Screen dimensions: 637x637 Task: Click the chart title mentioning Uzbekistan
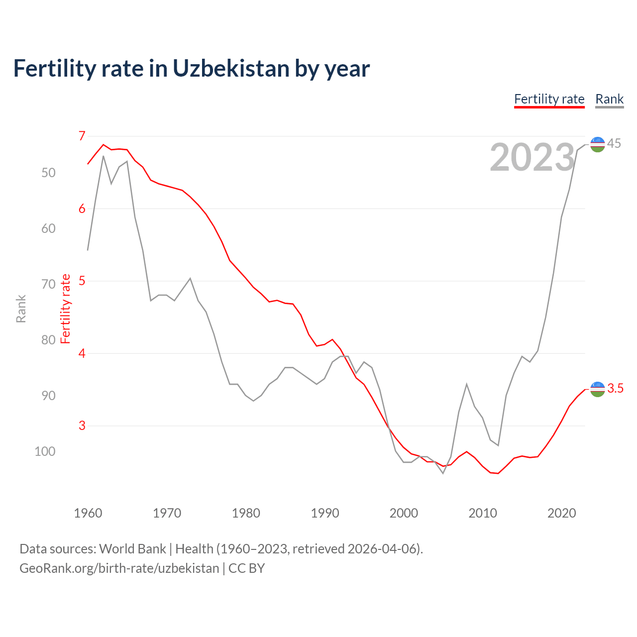[x=191, y=69]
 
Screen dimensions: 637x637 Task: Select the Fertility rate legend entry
[x=549, y=99]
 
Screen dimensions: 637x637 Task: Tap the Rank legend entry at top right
[x=609, y=99]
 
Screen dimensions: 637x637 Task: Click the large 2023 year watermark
[x=532, y=157]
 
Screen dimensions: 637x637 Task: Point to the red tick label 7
[x=82, y=136]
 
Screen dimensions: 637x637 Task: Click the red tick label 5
[x=82, y=281]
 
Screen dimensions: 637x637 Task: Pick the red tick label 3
[x=82, y=425]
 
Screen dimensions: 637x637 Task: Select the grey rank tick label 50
[x=48, y=173]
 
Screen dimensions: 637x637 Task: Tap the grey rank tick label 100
[x=45, y=451]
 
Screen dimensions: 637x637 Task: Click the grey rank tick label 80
[x=48, y=340]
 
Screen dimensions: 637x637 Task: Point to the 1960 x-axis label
[x=88, y=513]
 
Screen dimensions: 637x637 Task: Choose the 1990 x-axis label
[x=324, y=513]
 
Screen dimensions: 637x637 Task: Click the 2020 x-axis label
[x=561, y=513]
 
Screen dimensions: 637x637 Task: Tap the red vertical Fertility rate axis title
[x=66, y=309]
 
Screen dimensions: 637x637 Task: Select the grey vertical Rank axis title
[x=21, y=309]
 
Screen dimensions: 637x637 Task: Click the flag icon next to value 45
[x=597, y=144]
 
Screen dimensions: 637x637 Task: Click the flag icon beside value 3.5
[x=597, y=389]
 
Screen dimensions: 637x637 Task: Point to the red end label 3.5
[x=615, y=389]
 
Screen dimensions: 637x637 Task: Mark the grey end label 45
[x=614, y=143]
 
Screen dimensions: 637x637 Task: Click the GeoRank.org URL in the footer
[x=119, y=568]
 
